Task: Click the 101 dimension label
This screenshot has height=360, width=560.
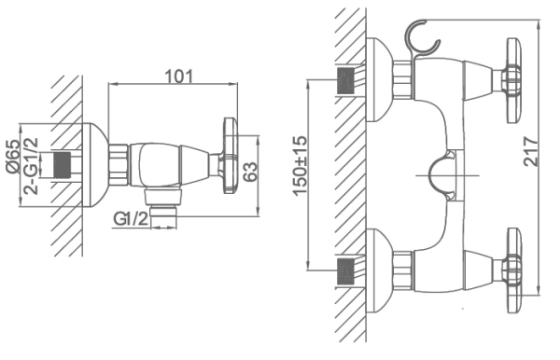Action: [x=178, y=76]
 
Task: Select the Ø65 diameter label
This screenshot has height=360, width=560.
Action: [x=13, y=157]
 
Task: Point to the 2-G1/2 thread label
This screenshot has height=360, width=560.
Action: [x=31, y=166]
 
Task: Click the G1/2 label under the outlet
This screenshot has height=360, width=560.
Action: [x=131, y=218]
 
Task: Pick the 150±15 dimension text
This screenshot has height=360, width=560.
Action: [x=300, y=166]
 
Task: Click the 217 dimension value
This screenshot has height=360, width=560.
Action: [x=531, y=151]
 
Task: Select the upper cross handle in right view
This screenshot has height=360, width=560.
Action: [x=512, y=80]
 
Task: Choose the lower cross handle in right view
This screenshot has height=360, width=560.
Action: [x=512, y=270]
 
